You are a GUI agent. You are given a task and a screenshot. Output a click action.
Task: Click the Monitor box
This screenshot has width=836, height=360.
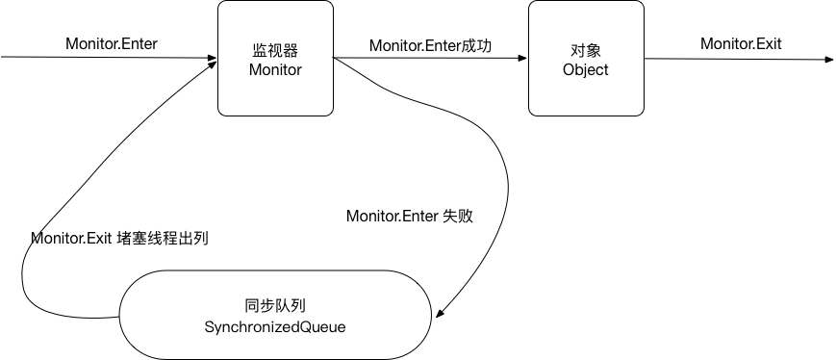[275, 58]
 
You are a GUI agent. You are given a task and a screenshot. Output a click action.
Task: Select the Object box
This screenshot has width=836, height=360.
[585, 58]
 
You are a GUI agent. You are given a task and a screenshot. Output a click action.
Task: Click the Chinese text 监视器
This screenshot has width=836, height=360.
[275, 50]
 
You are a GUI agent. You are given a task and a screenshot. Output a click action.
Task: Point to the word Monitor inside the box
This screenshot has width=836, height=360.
[275, 70]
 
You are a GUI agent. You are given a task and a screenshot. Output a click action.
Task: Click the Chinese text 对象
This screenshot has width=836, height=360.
[585, 50]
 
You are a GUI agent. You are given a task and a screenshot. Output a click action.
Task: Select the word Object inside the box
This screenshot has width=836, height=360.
[585, 70]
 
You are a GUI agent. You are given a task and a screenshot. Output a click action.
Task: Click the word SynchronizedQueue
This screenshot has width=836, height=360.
[274, 327]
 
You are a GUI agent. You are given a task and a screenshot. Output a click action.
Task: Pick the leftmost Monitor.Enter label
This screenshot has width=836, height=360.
[112, 44]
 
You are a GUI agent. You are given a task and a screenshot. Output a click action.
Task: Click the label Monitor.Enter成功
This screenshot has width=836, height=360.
[431, 44]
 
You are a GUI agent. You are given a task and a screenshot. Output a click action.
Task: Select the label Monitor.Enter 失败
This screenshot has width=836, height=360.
[410, 217]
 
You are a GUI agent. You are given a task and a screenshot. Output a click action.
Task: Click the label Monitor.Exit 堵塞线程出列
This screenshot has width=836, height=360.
[119, 238]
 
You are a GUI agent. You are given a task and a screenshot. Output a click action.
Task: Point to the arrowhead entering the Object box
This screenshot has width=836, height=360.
[522, 59]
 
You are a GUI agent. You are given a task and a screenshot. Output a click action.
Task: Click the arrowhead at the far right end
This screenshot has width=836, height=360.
[828, 59]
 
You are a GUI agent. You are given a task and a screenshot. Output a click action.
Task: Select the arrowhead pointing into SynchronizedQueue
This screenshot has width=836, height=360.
[440, 313]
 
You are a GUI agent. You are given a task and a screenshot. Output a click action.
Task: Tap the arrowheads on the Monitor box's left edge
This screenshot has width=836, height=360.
[213, 60]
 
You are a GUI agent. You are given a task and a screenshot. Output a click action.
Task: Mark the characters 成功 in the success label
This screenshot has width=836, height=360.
[478, 44]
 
